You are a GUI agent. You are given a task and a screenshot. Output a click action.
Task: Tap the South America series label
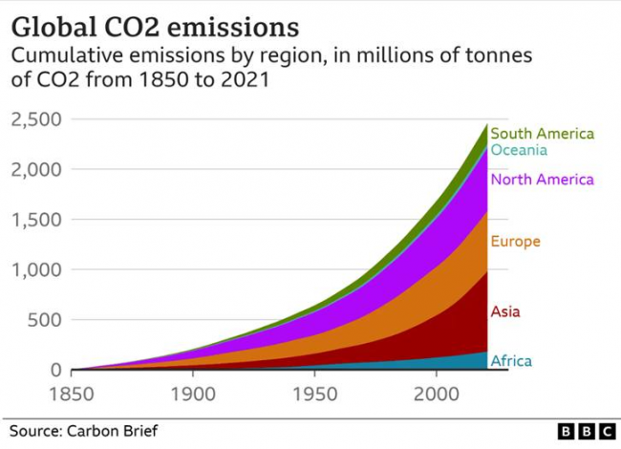[x=542, y=134]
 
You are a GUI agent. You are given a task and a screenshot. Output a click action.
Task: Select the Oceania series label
[x=519, y=150]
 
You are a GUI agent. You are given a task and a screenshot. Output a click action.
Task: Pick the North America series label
[x=542, y=179]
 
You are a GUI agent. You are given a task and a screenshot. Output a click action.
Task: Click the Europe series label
[x=515, y=242]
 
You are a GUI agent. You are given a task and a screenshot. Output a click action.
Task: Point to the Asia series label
[x=505, y=311]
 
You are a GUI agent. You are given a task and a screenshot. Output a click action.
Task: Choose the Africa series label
[x=510, y=361]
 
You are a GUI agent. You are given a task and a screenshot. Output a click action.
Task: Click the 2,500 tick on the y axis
[x=36, y=119]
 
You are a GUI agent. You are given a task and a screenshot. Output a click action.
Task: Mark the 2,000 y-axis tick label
[x=36, y=169]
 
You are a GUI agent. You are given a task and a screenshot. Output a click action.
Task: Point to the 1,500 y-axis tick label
[x=36, y=220]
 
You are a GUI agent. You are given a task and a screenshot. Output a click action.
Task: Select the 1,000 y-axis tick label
[x=36, y=269]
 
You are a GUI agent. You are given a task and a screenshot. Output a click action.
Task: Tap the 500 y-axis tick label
[x=45, y=320]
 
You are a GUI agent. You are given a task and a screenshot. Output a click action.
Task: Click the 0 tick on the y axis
[x=55, y=370]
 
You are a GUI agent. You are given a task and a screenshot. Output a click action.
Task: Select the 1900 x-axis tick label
[x=194, y=394]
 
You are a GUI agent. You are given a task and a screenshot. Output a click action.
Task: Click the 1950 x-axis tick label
[x=315, y=394]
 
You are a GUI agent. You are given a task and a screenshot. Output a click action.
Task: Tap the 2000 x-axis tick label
[x=437, y=394]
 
